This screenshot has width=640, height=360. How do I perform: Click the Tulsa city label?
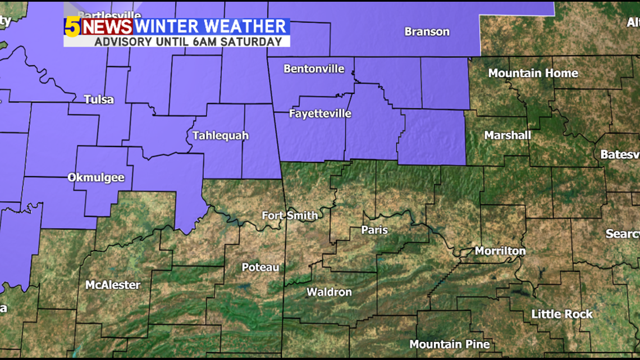pyautogui.click(x=99, y=100)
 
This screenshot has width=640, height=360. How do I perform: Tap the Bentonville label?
pyautogui.click(x=314, y=69)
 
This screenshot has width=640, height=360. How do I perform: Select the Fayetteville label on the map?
pyautogui.click(x=320, y=113)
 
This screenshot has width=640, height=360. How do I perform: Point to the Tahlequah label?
pyautogui.click(x=220, y=135)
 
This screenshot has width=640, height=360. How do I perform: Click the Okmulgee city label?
pyautogui.click(x=96, y=177)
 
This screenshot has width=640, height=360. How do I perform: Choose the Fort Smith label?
pyautogui.click(x=290, y=216)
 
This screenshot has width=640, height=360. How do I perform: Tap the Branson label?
pyautogui.click(x=427, y=32)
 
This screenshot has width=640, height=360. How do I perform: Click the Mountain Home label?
pyautogui.click(x=533, y=73)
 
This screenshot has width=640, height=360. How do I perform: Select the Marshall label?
pyautogui.click(x=508, y=135)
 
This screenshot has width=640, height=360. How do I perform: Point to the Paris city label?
pyautogui.click(x=374, y=230)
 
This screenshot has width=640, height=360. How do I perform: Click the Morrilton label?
pyautogui.click(x=500, y=251)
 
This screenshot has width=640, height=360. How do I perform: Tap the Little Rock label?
pyautogui.click(x=562, y=315)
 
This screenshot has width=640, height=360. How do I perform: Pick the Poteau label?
pyautogui.click(x=260, y=267)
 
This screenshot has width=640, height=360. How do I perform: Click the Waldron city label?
pyautogui.click(x=329, y=292)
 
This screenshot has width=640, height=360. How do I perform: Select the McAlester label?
pyautogui.click(x=113, y=285)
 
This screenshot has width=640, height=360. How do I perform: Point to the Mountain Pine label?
pyautogui.click(x=449, y=344)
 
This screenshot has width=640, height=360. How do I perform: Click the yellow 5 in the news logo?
pyautogui.click(x=72, y=27)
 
